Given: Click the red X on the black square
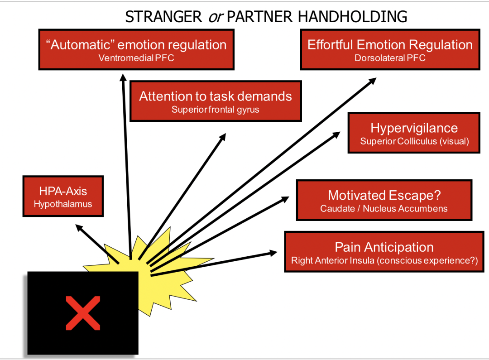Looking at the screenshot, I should pos(83,312).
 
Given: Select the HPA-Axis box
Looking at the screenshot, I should pos(63,196).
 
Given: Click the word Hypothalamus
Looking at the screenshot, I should pos(63,204).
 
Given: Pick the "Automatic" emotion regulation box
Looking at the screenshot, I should pos(136,49).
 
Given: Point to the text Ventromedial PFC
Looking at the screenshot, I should pos(136,58).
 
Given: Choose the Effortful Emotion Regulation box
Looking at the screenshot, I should pos(390,49).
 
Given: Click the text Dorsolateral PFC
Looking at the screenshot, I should pos(390,58).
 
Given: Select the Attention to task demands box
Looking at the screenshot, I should pos(216,101).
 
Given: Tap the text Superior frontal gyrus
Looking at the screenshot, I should pos(216,110).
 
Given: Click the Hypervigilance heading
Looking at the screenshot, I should pos(414,128).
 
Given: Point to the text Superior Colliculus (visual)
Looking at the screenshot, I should pos(414,141).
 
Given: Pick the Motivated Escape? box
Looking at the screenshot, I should pos(384,200).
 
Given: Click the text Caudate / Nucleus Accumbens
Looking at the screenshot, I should pos(384,209).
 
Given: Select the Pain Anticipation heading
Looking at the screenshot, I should pos(384,247).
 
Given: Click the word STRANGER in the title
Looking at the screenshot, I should pos(163,17).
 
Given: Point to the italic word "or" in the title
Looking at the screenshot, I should pos(215,17).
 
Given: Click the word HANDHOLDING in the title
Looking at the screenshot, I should pos(352,17).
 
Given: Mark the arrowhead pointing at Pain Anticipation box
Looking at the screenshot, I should pos(273,253).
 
